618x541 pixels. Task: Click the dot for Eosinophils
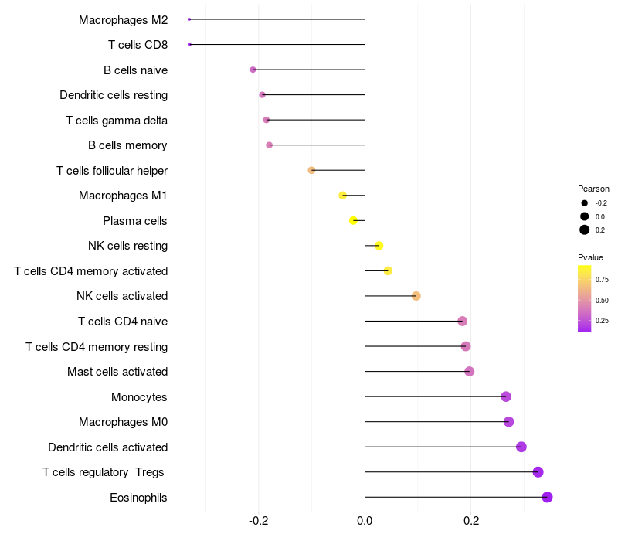pos(547,497)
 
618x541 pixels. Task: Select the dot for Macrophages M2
pos(189,19)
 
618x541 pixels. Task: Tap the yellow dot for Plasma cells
pos(353,220)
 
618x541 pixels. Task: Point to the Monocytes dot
pos(506,396)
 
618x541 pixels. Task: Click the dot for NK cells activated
pos(416,296)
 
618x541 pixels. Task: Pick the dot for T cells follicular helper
pos(311,170)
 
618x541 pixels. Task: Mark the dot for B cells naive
pos(253,70)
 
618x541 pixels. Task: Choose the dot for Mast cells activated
pos(469,372)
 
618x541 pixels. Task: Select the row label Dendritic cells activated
pos(107,447)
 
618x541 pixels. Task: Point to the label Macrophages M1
pos(123,196)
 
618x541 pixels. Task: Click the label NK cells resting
pos(127,246)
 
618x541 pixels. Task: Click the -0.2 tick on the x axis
pos(258,521)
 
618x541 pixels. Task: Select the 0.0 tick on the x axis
pos(365,521)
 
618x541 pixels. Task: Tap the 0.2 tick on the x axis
pos(470,521)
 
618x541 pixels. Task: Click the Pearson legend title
pos(593,189)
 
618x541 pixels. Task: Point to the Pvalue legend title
pos(590,257)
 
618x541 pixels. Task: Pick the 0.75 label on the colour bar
pos(602,280)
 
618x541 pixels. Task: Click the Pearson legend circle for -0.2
pos(585,203)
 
